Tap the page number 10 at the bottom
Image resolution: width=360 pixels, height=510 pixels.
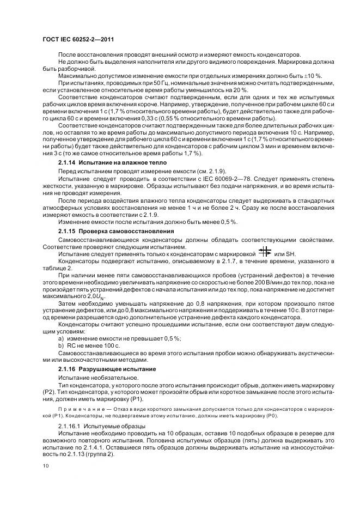[45, 466]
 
